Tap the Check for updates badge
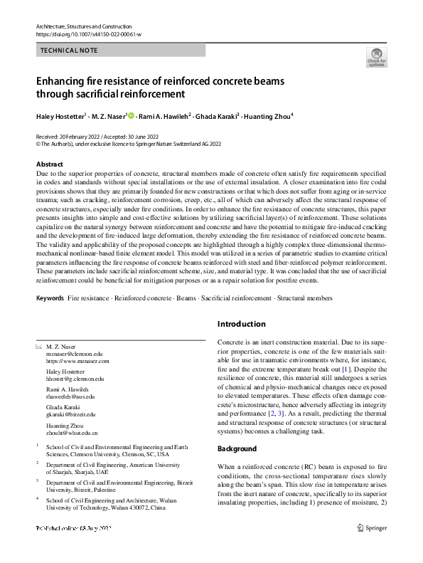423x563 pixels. pyautogui.click(x=376, y=58)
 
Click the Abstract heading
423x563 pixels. pyautogui.click(x=50, y=164)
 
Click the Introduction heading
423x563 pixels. pyautogui.click(x=242, y=324)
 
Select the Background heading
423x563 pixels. pyautogui.click(x=237, y=449)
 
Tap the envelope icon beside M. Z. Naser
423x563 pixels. pyautogui.click(x=38, y=345)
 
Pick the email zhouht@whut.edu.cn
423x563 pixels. pyautogui.click(x=72, y=432)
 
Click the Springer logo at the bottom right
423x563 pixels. pyautogui.click(x=373, y=528)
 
